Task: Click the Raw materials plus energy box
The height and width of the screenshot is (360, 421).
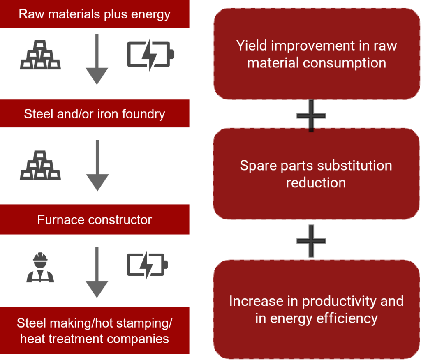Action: [95, 14]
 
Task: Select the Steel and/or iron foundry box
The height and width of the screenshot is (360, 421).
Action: [95, 113]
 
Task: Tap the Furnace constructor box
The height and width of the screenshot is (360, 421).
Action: [95, 219]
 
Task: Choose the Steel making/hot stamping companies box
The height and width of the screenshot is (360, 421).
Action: [95, 330]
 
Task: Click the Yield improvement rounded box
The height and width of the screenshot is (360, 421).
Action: [316, 54]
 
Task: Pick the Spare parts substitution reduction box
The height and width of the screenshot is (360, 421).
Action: [316, 174]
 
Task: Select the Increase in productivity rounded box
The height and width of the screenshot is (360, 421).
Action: [316, 309]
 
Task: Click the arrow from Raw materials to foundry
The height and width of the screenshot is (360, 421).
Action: [97, 60]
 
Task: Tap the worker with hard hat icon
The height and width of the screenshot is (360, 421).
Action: [40, 268]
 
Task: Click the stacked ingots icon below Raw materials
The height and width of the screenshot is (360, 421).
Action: [40, 55]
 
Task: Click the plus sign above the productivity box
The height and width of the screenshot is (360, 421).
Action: [311, 240]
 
